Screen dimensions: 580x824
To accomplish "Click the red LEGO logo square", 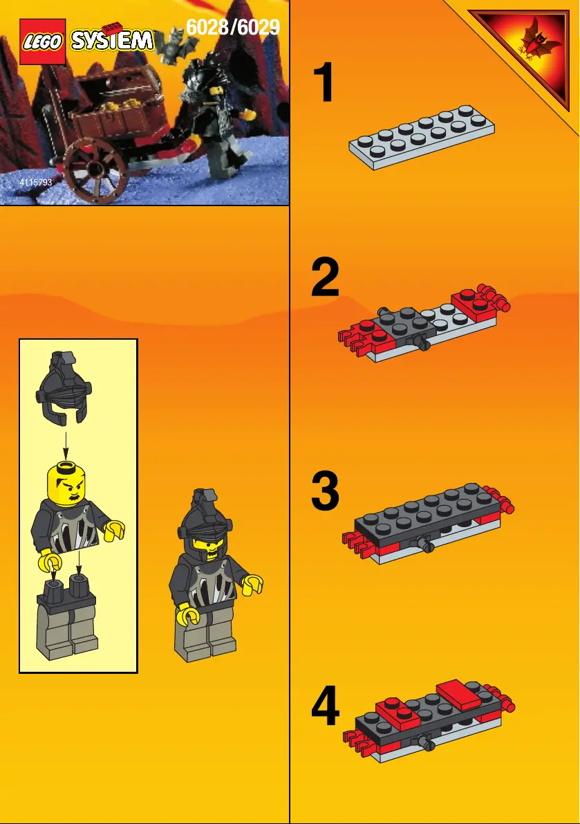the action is [x=43, y=42].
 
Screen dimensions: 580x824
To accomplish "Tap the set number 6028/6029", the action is [x=233, y=27].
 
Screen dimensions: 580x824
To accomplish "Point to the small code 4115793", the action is [x=36, y=183].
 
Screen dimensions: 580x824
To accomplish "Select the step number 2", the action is [x=325, y=277].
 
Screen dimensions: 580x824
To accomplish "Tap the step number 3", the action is [x=325, y=491].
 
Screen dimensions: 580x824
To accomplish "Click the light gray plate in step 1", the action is [x=422, y=137].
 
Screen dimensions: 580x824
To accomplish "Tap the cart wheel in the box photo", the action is [x=96, y=170].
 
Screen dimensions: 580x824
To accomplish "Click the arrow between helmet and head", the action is [x=66, y=443].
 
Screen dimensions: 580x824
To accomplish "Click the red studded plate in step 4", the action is [x=398, y=711].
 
